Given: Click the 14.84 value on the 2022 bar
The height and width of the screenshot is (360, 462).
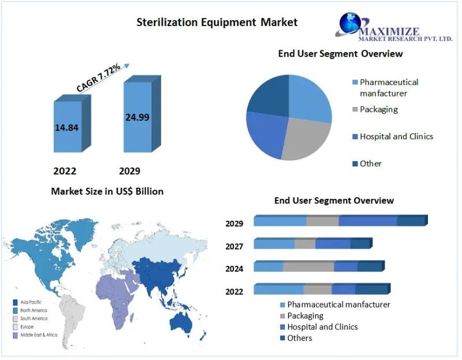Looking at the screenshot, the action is point(66,127).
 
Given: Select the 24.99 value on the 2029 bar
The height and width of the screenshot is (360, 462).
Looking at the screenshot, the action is point(137,117).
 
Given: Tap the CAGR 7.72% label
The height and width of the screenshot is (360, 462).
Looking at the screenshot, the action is point(98,77).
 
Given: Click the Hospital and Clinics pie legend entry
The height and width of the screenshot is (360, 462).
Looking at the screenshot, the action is point(393,136).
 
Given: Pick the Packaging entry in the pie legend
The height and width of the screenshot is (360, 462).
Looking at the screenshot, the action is point(375,109).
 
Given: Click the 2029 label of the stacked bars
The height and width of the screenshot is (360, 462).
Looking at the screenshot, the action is point(234,224).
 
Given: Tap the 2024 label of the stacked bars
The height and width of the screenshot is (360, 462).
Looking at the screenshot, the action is point(234,269).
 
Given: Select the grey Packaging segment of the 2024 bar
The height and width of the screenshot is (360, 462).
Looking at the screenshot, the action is point(308,266).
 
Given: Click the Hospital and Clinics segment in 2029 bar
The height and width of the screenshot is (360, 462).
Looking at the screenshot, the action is point(368,221).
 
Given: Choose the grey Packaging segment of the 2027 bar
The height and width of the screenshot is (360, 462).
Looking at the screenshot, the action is point(305,243).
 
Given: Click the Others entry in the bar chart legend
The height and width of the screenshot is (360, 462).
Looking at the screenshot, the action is point(296,338).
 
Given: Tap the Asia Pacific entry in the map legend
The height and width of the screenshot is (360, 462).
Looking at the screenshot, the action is point(27,302).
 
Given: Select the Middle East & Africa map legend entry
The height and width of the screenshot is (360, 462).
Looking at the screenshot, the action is point(35,335).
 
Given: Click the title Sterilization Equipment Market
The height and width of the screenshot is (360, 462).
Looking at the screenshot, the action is point(217,22).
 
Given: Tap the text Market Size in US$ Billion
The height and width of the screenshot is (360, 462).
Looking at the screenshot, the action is point(107,191).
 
